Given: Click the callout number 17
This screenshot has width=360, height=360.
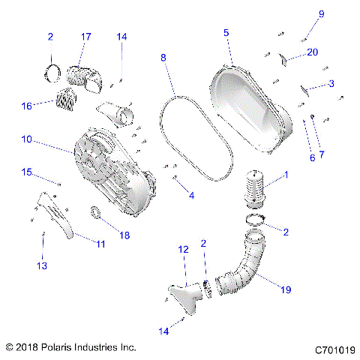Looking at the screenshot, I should click(x=86, y=36).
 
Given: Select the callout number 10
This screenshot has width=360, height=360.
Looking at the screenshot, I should click(x=25, y=139).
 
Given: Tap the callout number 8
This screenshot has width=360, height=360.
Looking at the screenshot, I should click(x=164, y=57).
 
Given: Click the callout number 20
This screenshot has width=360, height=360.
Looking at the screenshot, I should click(x=312, y=51).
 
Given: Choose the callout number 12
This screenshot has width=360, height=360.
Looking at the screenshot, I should click(x=182, y=249).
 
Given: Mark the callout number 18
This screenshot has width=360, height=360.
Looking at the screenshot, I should click(x=124, y=235).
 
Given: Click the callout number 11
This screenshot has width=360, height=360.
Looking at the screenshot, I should click(x=100, y=244).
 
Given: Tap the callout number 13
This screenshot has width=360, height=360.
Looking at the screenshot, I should click(x=42, y=265).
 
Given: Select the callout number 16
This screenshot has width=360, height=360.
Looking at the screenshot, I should click(x=27, y=106).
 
